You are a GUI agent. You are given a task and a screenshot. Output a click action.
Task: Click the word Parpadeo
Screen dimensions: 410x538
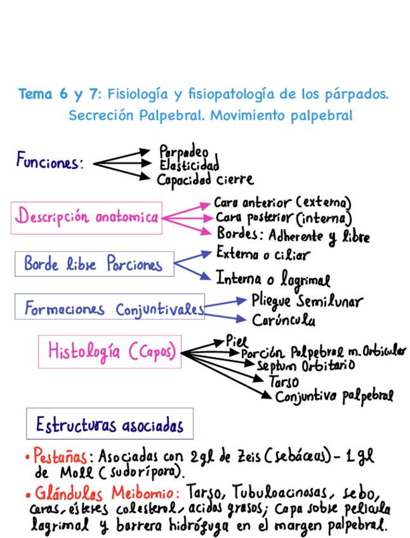click(183, 152)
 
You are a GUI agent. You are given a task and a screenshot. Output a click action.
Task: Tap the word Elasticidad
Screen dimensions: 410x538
click(189, 165)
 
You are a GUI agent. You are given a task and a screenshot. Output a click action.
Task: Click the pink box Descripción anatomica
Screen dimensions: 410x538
click(86, 218)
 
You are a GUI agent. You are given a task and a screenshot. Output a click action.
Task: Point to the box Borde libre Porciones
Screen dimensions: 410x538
click(94, 263)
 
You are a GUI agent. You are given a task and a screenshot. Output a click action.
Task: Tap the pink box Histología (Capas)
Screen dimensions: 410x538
click(109, 351)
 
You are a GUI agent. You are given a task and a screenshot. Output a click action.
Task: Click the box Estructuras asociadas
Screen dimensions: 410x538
click(109, 424)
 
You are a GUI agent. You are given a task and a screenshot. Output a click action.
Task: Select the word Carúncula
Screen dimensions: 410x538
click(284, 320)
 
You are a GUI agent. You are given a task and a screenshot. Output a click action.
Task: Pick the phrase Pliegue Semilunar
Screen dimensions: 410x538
click(307, 299)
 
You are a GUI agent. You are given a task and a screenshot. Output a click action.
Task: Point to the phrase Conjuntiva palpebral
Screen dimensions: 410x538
click(334, 397)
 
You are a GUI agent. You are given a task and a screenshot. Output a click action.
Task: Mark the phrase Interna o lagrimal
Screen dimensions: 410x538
click(273, 279)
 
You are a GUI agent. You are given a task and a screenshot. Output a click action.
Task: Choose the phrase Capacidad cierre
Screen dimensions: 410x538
click(205, 180)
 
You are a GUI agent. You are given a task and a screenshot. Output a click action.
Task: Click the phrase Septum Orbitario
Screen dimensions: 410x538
click(306, 365)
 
